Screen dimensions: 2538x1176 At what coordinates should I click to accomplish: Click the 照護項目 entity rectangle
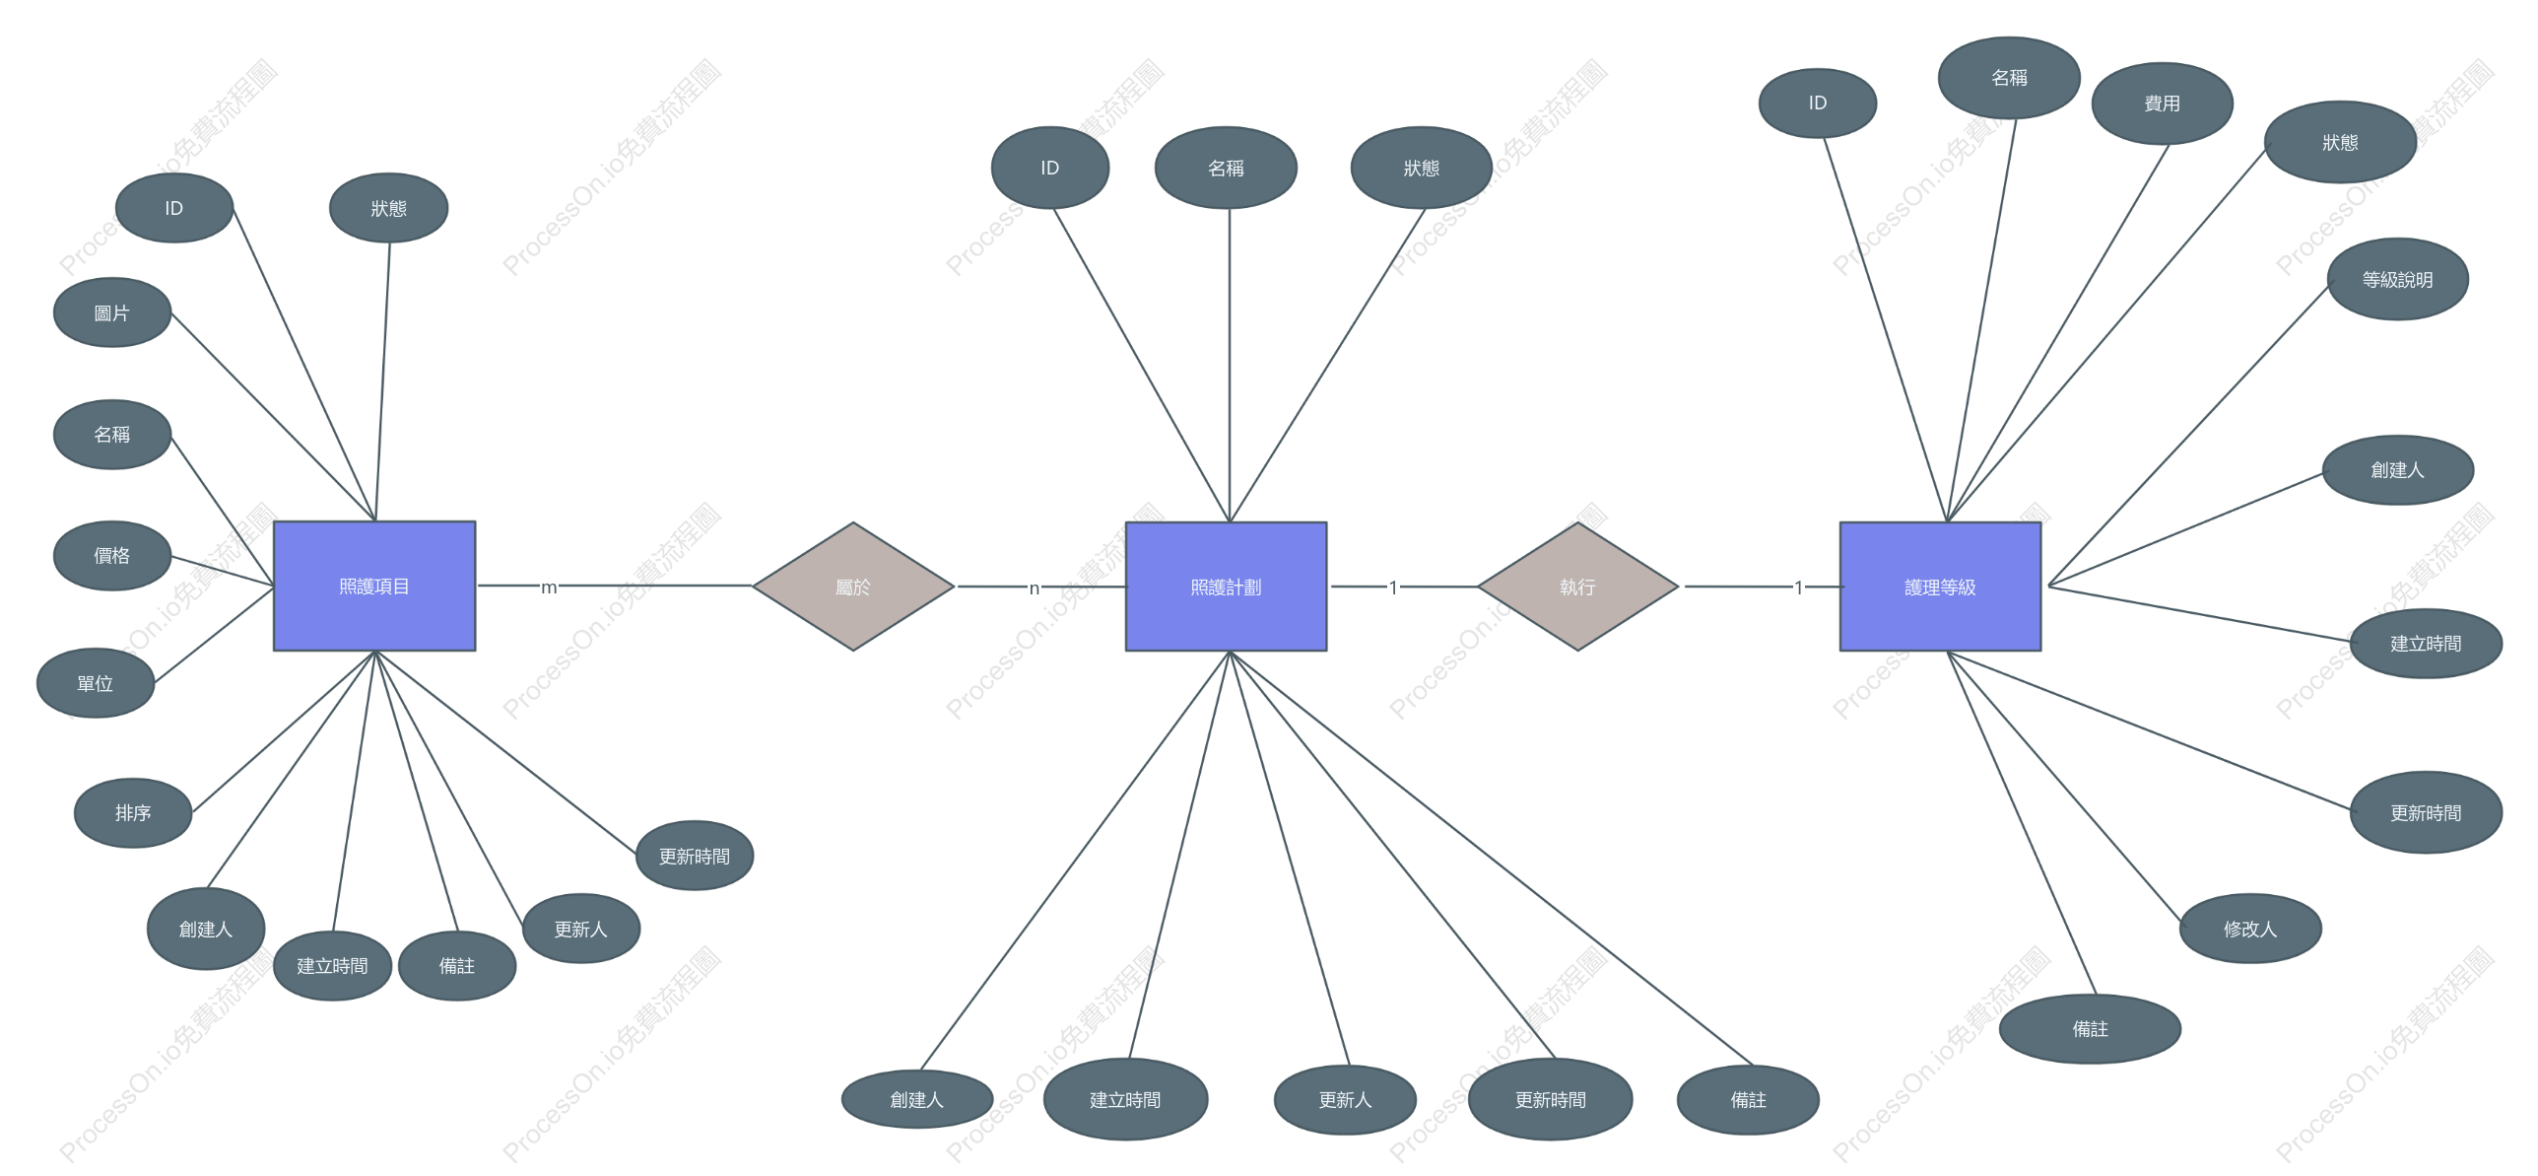[x=374, y=586]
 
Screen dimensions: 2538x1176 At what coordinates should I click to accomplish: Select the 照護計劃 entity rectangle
[x=1226, y=587]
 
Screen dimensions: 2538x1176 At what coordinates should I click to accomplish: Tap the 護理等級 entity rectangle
[x=1940, y=587]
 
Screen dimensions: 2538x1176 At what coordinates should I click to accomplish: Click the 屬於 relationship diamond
[x=853, y=587]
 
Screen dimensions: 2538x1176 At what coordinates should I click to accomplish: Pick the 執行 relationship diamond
[x=1577, y=587]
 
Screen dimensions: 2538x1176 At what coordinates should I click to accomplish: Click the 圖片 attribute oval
[x=112, y=312]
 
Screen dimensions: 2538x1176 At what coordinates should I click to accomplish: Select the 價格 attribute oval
[x=112, y=555]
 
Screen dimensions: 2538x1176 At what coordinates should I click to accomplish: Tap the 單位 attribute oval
[x=96, y=683]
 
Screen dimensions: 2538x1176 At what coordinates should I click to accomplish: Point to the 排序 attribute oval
[x=133, y=812]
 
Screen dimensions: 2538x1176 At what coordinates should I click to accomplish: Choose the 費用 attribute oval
[x=2162, y=104]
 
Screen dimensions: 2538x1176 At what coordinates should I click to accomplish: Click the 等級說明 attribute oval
[x=2397, y=279]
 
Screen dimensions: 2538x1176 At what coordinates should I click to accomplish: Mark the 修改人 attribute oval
[x=2250, y=929]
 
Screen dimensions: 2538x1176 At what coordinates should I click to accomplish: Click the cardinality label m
[x=549, y=588]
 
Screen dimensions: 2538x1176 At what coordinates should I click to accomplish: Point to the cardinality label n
[x=1035, y=588]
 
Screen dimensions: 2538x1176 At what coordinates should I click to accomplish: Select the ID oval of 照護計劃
[x=1050, y=168]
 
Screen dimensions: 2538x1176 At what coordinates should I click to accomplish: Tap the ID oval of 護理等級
[x=1818, y=103]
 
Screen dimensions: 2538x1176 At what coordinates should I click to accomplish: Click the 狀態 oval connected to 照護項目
[x=389, y=208]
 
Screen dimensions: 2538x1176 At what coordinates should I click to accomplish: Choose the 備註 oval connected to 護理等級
[x=2090, y=1029]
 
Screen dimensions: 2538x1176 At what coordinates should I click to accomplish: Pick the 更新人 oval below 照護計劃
[x=1345, y=1099]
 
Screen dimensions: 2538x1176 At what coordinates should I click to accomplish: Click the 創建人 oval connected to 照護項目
[x=206, y=929]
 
